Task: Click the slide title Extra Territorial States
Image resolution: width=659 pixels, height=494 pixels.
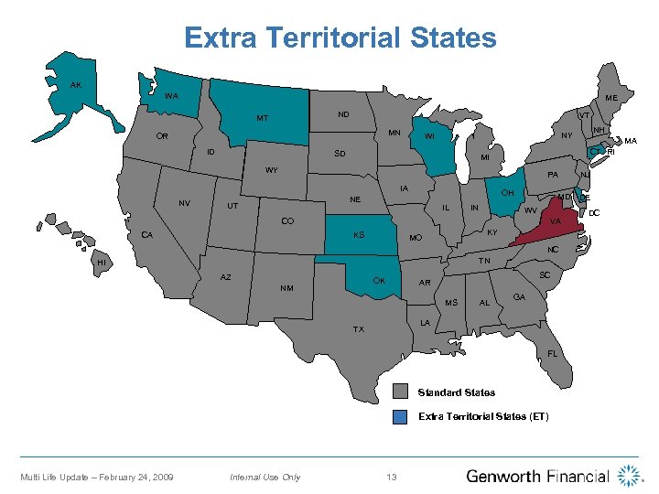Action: (x=340, y=38)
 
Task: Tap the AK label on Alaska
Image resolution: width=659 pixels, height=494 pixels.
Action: (x=76, y=84)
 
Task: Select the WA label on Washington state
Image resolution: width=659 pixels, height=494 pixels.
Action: (x=171, y=96)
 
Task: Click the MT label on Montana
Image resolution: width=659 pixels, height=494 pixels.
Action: (x=262, y=118)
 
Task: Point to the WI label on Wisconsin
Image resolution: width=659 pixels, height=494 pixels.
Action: (x=428, y=138)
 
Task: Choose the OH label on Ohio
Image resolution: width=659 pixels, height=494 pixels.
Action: (x=507, y=192)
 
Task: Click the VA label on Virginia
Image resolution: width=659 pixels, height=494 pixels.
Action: (x=556, y=220)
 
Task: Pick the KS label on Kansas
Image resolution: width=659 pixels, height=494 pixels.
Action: (x=359, y=235)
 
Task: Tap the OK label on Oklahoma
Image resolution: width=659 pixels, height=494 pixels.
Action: (x=379, y=280)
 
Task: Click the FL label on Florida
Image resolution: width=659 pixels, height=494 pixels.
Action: (x=553, y=353)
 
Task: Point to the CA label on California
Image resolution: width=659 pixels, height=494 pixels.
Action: (x=146, y=235)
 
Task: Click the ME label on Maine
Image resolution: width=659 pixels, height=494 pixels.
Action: (x=610, y=98)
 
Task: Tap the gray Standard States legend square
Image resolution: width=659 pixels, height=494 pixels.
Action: (x=399, y=392)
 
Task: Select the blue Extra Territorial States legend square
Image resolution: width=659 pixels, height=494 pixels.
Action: (x=399, y=417)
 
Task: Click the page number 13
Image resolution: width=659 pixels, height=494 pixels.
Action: (x=392, y=477)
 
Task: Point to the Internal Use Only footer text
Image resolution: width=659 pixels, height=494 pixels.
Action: (x=265, y=477)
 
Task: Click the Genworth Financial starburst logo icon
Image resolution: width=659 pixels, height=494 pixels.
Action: (x=629, y=476)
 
